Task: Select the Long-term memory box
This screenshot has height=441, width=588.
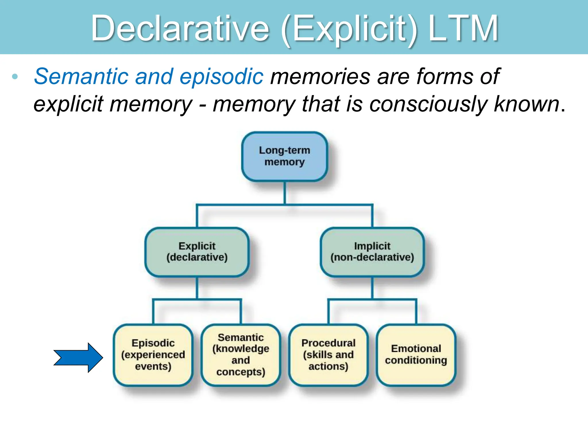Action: tap(285, 156)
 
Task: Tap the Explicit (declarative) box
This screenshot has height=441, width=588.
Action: tap(197, 252)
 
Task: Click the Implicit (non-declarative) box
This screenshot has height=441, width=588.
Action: tap(372, 252)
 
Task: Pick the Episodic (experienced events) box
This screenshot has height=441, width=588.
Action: tap(153, 355)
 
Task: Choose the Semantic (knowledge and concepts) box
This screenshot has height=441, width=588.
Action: tap(241, 355)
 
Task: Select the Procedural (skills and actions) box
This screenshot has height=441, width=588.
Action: tap(328, 355)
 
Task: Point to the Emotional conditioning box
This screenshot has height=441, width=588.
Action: tap(416, 355)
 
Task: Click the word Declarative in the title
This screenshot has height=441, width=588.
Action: tap(180, 29)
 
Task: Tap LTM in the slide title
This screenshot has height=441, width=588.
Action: tap(463, 29)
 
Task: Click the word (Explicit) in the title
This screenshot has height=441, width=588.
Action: tap(349, 29)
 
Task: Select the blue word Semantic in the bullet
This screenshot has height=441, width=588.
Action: tap(81, 76)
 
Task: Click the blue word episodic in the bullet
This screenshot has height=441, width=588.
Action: tap(221, 77)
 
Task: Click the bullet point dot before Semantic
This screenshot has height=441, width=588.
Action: tap(15, 77)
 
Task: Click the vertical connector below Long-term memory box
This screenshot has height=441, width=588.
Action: tap(285, 193)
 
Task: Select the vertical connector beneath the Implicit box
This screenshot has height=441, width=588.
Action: tap(372, 288)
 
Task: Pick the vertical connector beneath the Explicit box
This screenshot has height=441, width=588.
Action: tap(197, 288)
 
